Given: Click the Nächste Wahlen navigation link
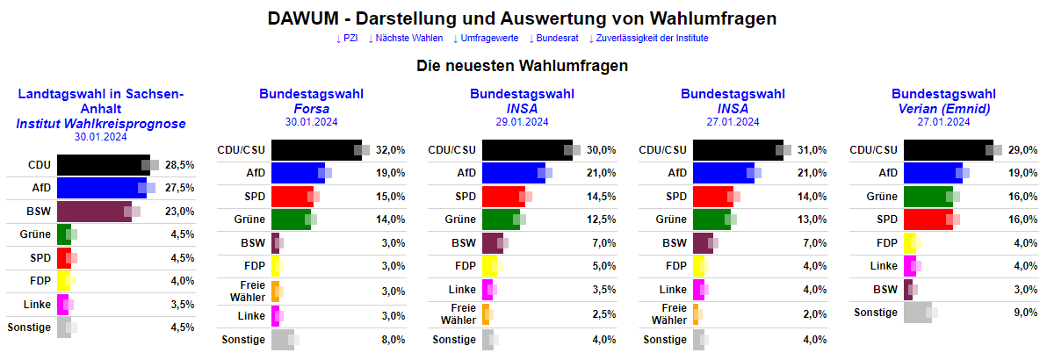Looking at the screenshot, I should [x=407, y=39].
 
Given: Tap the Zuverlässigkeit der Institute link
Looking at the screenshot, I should [x=651, y=39].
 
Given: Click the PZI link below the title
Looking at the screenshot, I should [x=348, y=39].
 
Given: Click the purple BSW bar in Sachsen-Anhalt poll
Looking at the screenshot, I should [x=93, y=211].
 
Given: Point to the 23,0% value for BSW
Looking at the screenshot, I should [x=179, y=212].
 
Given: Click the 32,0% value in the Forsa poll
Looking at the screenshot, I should [x=390, y=150].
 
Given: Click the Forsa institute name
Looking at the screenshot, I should [x=312, y=109].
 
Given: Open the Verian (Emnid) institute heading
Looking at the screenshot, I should [x=943, y=109].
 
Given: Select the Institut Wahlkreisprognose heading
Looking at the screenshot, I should [x=101, y=124].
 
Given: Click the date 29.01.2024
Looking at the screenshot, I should [x=523, y=122].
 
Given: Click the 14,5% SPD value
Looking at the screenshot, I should [x=601, y=196].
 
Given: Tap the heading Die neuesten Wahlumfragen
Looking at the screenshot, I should [x=523, y=66].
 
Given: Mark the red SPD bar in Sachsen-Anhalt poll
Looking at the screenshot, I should [x=63, y=258].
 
